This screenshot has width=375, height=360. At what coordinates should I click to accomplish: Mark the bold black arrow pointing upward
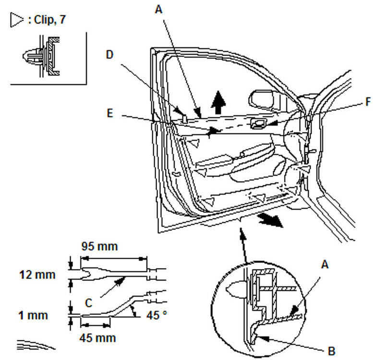pyautogui.click(x=218, y=102)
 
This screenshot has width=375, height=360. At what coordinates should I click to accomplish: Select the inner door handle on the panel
pyautogui.click(x=260, y=124)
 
